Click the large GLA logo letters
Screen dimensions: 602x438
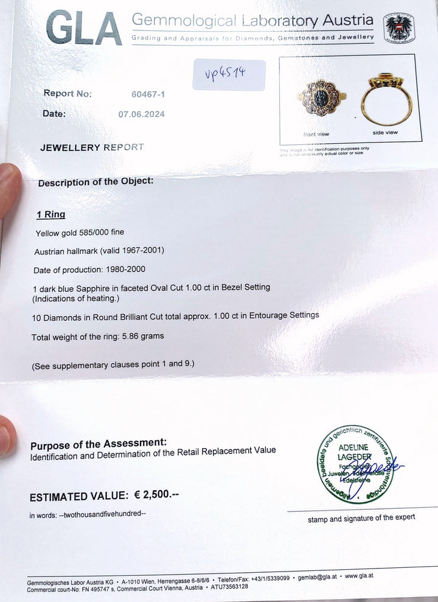point(84,29)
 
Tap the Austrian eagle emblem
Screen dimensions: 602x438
point(398,27)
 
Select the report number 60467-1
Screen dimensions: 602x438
point(148,94)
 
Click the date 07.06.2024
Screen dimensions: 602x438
point(141,114)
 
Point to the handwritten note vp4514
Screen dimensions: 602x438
point(224,75)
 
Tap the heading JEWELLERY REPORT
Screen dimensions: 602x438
point(92,147)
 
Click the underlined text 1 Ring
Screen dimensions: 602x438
point(50,215)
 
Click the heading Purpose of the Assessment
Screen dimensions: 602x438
point(98,444)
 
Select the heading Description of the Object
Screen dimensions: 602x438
point(96,182)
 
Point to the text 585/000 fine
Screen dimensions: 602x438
point(103,233)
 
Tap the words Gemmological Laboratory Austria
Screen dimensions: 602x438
point(252,21)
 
